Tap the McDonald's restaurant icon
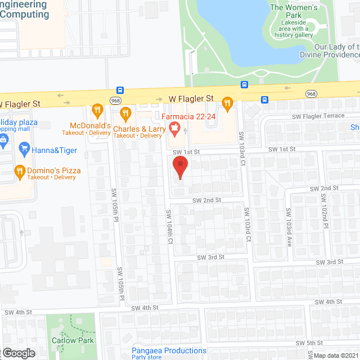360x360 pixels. pyautogui.click(x=97, y=110)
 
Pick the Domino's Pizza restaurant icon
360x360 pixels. pyautogui.click(x=19, y=170)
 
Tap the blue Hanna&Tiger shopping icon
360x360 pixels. pyautogui.click(x=24, y=148)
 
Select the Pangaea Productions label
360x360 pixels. pyautogui.click(x=169, y=350)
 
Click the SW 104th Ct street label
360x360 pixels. pyautogui.click(x=168, y=227)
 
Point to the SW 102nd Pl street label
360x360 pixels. pyautogui.click(x=324, y=211)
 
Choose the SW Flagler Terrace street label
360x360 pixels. pyautogui.click(x=318, y=116)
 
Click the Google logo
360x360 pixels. pyautogui.click(x=18, y=353)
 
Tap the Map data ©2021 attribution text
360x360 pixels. pyautogui.click(x=336, y=355)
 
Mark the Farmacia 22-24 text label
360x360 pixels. pyautogui.click(x=188, y=117)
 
